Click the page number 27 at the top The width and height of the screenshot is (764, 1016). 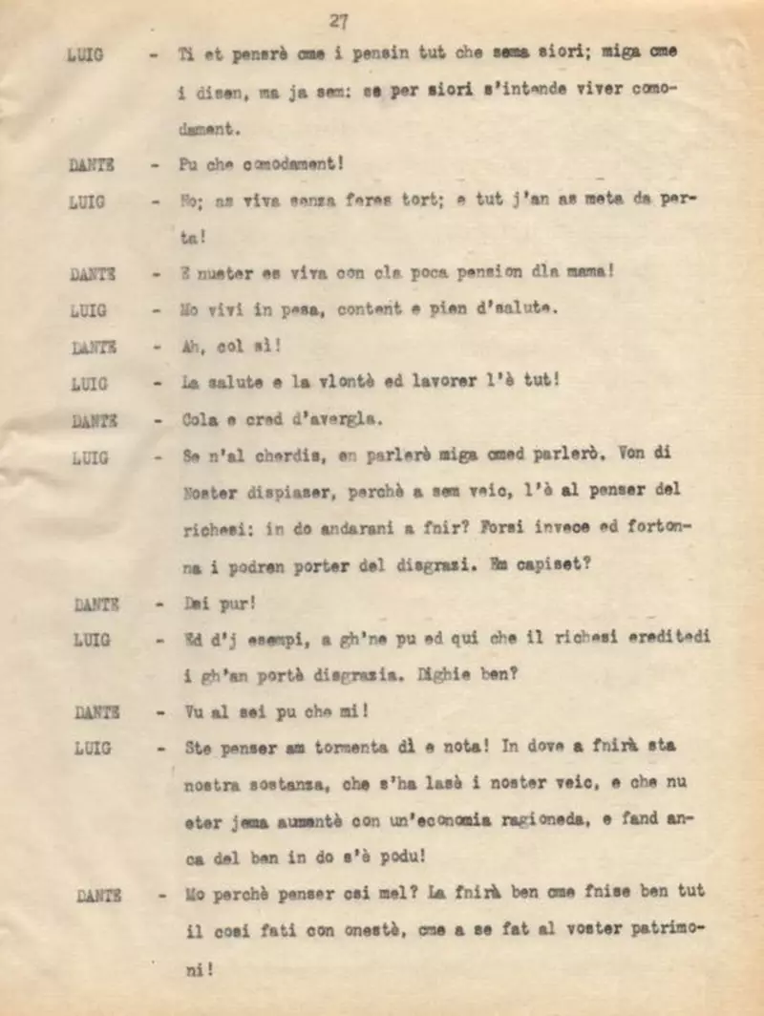point(338,20)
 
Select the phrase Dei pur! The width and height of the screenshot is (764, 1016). point(205,603)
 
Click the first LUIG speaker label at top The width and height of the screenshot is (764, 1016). point(87,54)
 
